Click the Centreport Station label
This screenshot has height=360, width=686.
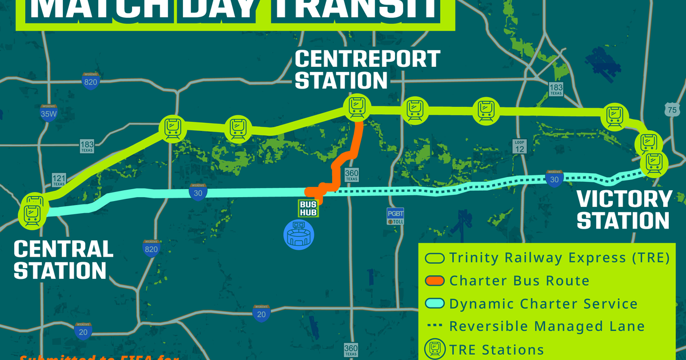(366, 69)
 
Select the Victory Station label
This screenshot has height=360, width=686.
(623, 210)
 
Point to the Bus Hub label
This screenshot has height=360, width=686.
(308, 208)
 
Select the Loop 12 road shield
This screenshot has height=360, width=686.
(519, 146)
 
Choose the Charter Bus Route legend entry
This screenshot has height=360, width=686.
(509, 281)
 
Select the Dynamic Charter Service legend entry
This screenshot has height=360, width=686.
(532, 303)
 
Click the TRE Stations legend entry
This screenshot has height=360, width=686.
(486, 349)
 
